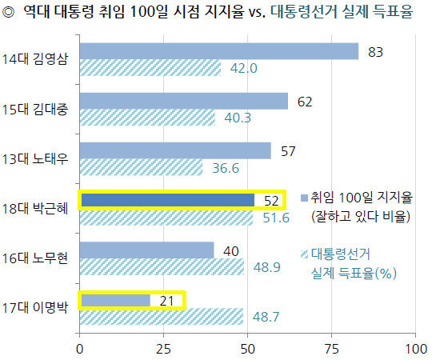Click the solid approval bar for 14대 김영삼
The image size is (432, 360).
pos(219,51)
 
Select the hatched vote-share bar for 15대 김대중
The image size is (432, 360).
pos(148,118)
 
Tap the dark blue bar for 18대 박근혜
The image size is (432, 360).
pos(168,200)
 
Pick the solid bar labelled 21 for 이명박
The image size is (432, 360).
pos(116,300)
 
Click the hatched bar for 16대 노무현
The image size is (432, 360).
pos(162,266)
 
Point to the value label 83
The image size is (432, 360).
pos(375,52)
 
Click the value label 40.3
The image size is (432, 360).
pos(238,118)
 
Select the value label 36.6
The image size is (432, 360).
pos(226,168)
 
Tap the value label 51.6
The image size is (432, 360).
pos(276,218)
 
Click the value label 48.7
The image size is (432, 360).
pos(266,317)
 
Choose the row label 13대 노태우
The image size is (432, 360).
pos(35,158)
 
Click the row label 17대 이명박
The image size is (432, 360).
pos(35,307)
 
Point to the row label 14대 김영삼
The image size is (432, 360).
pos(35,58)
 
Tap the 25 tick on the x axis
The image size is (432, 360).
pos(164,350)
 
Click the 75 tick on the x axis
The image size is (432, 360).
pos(332,350)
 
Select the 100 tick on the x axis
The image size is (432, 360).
pos(416,350)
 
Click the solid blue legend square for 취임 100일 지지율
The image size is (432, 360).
pos(304,198)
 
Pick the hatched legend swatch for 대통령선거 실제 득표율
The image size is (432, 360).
pos(304,254)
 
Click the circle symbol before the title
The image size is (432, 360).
pos(9,12)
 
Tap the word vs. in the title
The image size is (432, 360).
pos(257,12)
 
